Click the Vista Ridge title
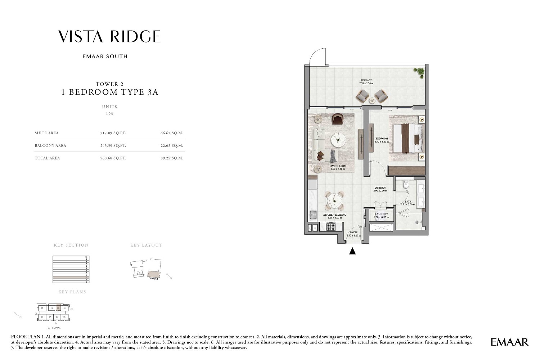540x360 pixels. coord(109,36)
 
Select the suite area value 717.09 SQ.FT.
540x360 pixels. coord(113,133)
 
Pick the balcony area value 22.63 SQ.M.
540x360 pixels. coord(172,146)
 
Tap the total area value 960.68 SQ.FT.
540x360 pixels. coord(113,158)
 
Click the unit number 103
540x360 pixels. coord(109,114)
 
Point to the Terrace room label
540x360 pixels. coord(366,81)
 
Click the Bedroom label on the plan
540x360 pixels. coord(382,139)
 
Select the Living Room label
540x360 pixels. coord(338,166)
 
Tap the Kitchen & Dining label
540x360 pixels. coord(334,215)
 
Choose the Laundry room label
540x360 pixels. coord(381,214)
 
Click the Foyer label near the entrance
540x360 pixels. coord(354,233)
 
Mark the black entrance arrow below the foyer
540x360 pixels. coord(352,251)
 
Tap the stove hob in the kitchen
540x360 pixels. coord(330,227)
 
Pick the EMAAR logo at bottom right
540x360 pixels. coord(509,342)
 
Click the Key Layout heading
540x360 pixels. coord(146,245)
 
